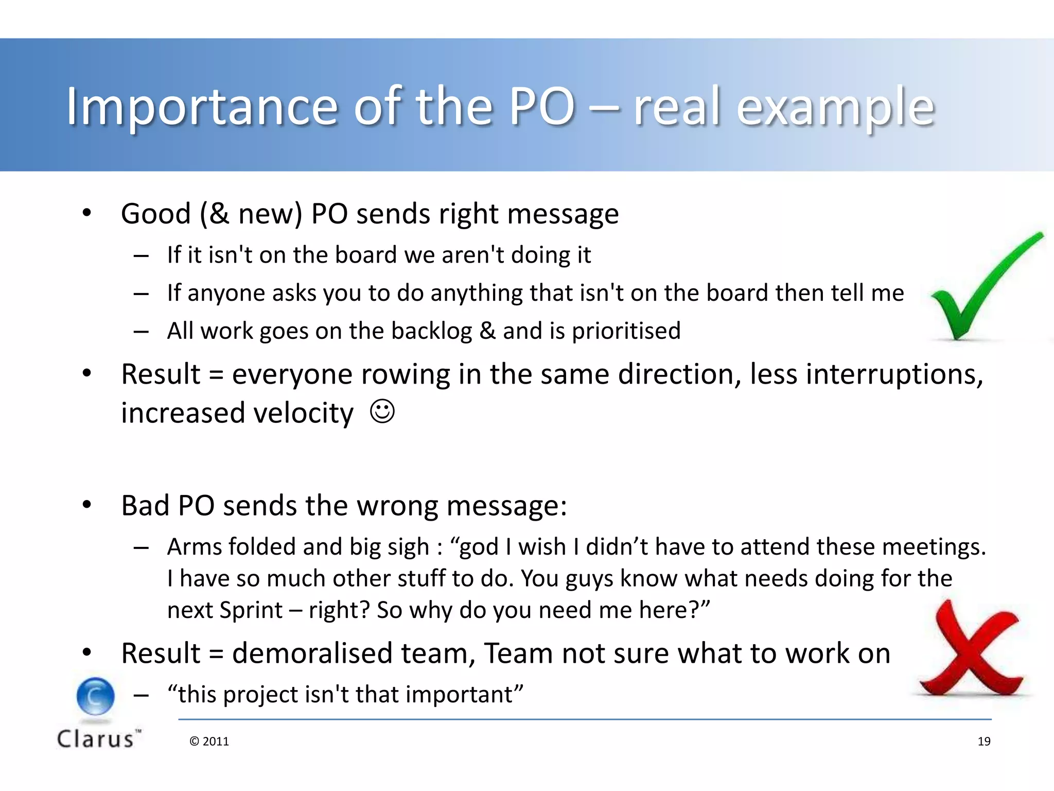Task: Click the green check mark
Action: (x=978, y=294)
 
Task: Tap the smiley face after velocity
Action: (x=382, y=411)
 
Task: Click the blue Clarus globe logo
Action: (x=96, y=696)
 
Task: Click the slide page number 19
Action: (x=983, y=741)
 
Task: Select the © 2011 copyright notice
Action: (x=209, y=741)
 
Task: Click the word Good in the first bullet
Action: (x=155, y=214)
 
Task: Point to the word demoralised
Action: (x=312, y=654)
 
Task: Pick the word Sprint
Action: (x=251, y=610)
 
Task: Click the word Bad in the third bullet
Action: (x=145, y=505)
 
